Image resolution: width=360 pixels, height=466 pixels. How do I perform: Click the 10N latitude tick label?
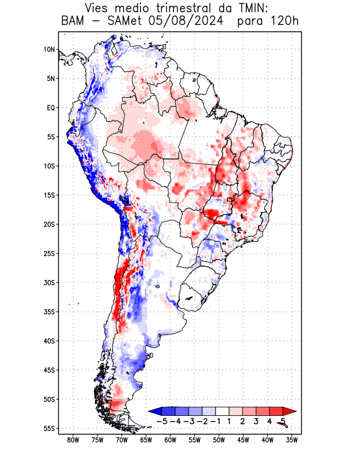(49, 50)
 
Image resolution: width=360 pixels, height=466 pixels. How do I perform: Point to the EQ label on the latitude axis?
(50, 108)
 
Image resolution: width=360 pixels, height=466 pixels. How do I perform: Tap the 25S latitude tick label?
(48, 253)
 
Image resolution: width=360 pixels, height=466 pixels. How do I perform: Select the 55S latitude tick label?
(48, 429)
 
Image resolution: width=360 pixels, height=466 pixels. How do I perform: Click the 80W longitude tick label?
(73, 440)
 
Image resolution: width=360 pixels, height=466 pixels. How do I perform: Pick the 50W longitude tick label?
(218, 440)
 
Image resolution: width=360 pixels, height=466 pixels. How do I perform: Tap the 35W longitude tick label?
(291, 440)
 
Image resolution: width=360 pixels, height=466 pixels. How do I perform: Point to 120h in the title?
(285, 22)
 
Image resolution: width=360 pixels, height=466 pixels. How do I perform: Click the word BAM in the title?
(73, 22)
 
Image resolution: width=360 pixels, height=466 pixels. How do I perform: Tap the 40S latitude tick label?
(48, 341)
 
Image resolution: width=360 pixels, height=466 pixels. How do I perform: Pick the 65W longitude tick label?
(146, 440)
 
